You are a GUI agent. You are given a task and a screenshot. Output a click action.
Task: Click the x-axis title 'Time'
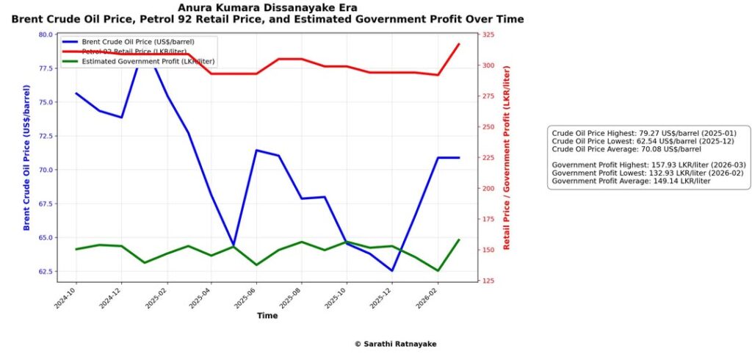[267, 316]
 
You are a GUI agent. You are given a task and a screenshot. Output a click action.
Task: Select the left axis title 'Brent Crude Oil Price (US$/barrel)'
[27, 158]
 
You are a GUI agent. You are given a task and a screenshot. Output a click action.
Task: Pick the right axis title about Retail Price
[506, 158]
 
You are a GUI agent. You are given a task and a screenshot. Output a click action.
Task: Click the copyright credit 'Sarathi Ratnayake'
[399, 344]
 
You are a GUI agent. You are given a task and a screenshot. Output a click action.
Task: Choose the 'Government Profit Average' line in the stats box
[631, 181]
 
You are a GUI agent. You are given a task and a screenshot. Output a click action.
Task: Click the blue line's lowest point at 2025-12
[391, 270]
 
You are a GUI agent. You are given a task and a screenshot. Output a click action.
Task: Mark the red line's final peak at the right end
[459, 44]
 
